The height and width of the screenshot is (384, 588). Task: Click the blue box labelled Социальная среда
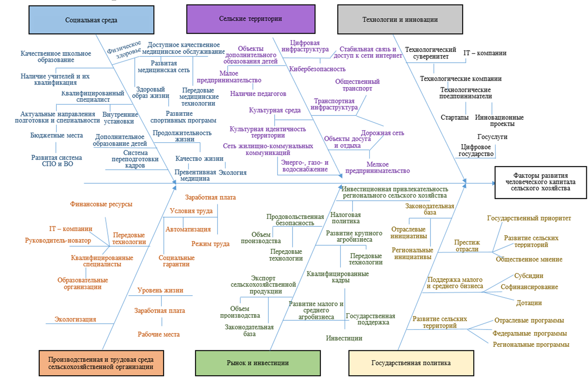[91, 20]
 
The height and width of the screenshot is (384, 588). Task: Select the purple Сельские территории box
[251, 19]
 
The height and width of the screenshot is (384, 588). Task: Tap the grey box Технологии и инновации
[400, 20]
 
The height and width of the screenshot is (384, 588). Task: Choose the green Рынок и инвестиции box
[257, 363]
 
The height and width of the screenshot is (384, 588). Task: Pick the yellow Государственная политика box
[411, 363]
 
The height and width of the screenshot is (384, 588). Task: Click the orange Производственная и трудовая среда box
[101, 363]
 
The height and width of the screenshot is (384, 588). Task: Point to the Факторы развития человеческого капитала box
[540, 182]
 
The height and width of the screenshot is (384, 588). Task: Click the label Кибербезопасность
[317, 69]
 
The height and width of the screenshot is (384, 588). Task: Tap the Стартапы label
[454, 118]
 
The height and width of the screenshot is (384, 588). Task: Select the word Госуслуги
[492, 137]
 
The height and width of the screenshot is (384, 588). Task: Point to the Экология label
[232, 173]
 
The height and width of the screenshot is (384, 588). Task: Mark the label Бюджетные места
[57, 135]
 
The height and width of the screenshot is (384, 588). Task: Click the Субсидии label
[529, 276]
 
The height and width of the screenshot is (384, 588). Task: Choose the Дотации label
[529, 303]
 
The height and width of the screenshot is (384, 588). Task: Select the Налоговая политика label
[345, 218]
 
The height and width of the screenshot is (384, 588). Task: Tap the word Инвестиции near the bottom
[344, 338]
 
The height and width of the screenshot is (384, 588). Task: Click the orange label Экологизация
[75, 319]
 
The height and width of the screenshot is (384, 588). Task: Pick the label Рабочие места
[159, 335]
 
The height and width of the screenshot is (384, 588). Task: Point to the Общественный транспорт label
[357, 85]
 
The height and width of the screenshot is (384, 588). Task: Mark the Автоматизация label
[188, 230]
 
